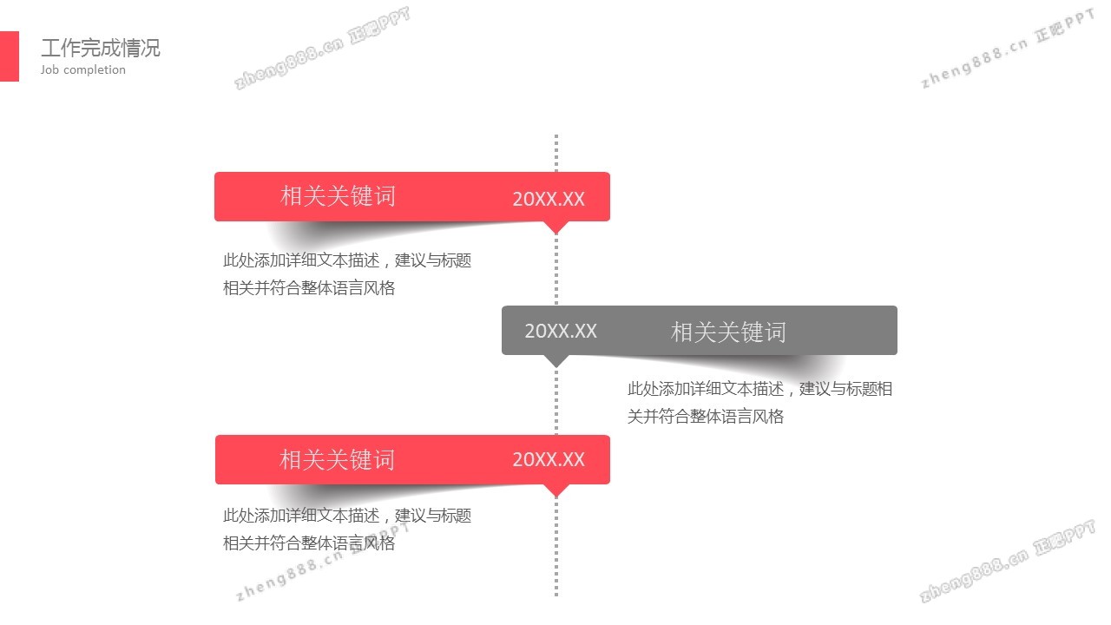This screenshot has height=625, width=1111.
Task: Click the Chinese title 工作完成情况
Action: [101, 48]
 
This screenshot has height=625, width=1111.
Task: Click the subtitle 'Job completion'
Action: [83, 70]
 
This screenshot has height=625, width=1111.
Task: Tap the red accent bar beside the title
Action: [9, 56]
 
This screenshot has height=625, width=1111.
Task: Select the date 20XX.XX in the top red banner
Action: [549, 199]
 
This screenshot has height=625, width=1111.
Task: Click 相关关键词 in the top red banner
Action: [338, 196]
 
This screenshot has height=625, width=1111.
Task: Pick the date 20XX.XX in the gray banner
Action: [561, 331]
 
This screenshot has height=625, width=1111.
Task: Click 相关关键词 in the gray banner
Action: [728, 332]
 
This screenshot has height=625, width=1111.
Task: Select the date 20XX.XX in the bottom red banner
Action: [549, 460]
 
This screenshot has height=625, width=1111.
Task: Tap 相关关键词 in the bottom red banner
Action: [337, 460]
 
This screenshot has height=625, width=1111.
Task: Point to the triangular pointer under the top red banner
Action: [555, 227]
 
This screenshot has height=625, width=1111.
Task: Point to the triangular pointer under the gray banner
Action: [555, 359]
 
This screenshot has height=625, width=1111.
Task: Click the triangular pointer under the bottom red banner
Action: [555, 490]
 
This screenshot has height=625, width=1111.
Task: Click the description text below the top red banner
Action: [346, 274]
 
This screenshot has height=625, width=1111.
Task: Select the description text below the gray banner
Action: [759, 403]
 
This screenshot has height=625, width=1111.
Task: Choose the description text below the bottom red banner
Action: [346, 530]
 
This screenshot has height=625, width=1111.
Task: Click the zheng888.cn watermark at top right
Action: [1007, 52]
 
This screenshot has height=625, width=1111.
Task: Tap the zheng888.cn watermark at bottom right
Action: [1007, 564]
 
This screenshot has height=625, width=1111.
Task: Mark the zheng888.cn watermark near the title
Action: [321, 50]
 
